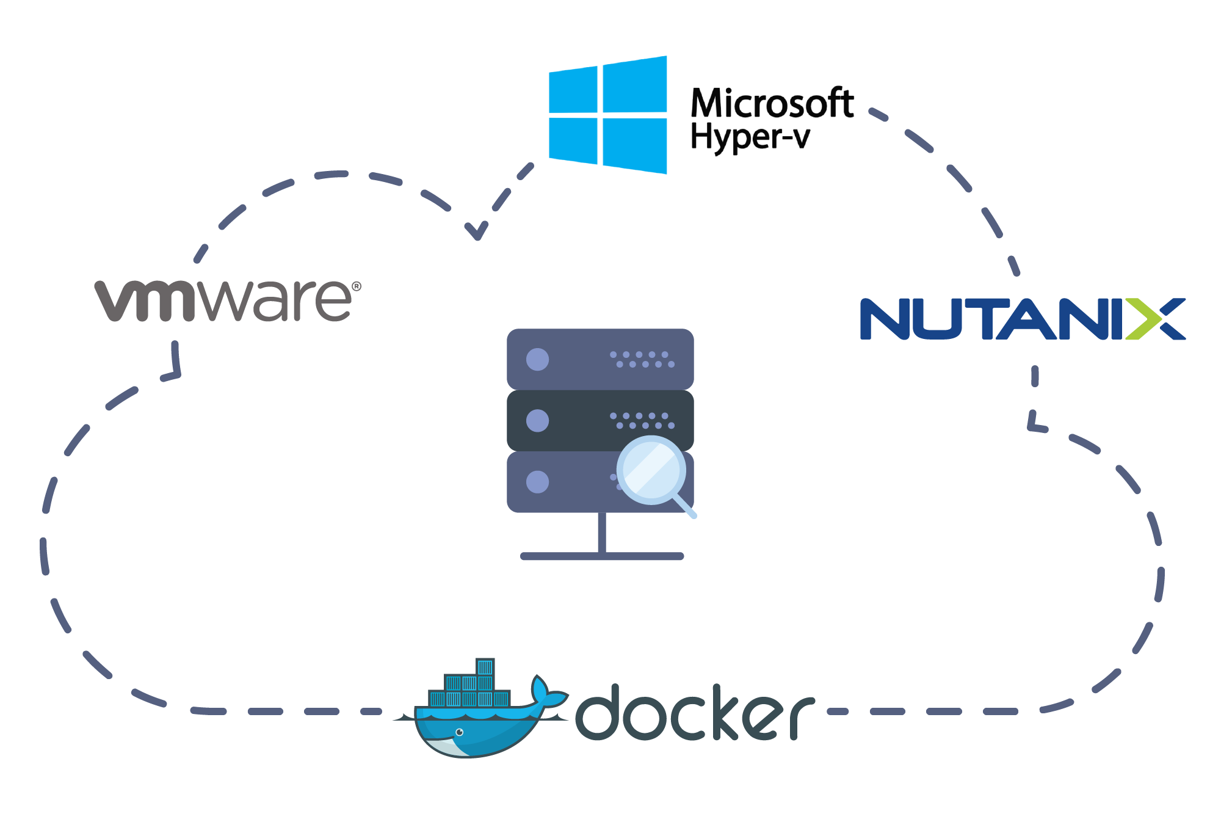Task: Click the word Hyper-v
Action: [x=750, y=137]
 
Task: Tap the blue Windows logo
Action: [x=608, y=115]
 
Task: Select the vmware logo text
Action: [x=223, y=300]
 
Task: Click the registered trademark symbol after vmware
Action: [x=357, y=286]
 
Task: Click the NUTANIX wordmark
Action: [x=1022, y=319]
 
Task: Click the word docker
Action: [x=695, y=712]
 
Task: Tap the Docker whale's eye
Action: [x=460, y=732]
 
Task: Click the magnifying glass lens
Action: [x=651, y=470]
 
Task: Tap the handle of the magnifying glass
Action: [x=685, y=507]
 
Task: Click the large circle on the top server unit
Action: [x=537, y=359]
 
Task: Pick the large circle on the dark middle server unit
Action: [x=537, y=420]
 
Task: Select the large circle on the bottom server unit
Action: [x=537, y=482]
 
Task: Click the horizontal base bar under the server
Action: [x=602, y=556]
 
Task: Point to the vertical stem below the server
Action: [x=602, y=533]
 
